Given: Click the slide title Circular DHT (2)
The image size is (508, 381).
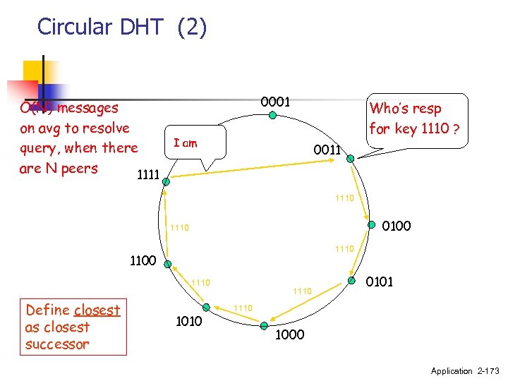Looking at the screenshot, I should tap(122, 27).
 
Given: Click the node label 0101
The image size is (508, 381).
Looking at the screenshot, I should tap(380, 282).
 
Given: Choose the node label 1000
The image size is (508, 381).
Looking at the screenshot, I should tap(289, 334).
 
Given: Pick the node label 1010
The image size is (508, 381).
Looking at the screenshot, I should tap(189, 321).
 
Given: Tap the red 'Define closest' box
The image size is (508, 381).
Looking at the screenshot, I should tap(73, 327).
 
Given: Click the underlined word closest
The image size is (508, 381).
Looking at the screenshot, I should tap(97, 310).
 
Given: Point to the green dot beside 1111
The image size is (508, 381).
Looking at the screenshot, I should tap(166, 181).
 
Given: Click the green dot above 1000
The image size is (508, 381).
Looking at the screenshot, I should tap(262, 325).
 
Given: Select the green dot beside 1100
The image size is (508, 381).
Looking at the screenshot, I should tap(167, 264).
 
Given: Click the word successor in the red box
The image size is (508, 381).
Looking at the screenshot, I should tap(57, 344).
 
